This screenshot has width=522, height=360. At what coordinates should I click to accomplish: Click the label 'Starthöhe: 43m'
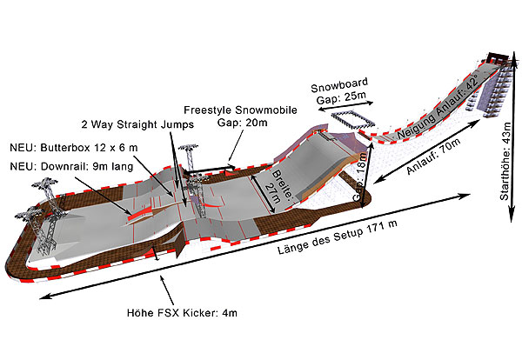505,162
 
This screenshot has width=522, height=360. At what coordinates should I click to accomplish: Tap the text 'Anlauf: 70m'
434,156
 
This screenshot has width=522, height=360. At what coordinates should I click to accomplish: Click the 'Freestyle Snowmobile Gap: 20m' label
241,117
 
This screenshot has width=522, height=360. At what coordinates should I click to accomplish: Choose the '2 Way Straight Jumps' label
137,124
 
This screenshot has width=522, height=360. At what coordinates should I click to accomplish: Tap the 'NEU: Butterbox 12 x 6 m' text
74,148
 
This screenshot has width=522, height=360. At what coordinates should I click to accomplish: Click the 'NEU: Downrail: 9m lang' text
71,166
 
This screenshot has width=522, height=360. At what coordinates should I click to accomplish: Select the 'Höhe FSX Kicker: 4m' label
182,313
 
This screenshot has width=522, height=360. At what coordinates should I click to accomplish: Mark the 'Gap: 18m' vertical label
360,177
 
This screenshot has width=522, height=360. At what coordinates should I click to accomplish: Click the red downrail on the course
140,213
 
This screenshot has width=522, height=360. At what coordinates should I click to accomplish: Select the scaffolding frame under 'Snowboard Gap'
353,120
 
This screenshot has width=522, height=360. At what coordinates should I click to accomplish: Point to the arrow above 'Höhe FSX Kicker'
167,291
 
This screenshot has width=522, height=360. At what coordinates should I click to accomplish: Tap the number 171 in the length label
374,230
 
